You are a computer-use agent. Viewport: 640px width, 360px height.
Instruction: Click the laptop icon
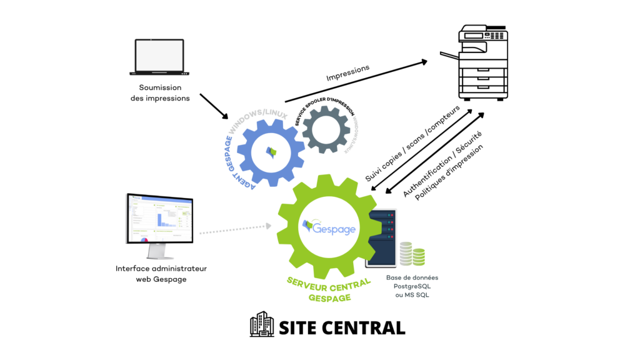(x=160, y=57)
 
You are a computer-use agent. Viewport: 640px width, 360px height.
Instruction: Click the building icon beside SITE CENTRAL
(x=262, y=324)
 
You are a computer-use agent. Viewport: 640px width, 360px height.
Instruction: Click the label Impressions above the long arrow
(x=348, y=73)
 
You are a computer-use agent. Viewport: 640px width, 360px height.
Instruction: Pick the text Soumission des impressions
(x=160, y=93)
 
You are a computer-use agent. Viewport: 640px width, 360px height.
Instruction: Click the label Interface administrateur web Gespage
(x=161, y=274)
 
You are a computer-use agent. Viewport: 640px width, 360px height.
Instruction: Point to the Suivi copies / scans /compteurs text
(x=412, y=144)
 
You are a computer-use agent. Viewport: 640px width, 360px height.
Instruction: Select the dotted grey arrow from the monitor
(x=237, y=229)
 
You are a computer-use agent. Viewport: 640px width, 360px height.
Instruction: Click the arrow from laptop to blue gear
(x=214, y=107)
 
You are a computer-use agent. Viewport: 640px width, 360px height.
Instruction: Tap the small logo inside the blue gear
(x=271, y=151)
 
